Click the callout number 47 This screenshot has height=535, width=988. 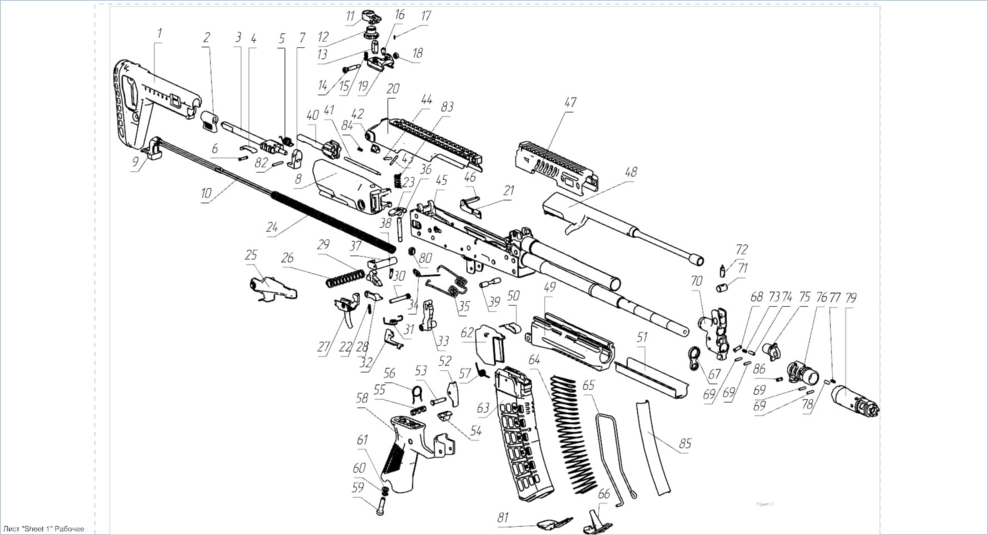[569, 103]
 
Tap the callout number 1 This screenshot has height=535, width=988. [160, 33]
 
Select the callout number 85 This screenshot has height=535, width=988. [685, 443]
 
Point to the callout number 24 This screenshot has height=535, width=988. [272, 227]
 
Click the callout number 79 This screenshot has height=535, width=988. [851, 298]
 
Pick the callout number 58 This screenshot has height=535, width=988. [362, 399]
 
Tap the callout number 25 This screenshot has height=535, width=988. [251, 255]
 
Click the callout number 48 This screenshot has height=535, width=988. [630, 172]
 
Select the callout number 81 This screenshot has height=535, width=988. [503, 517]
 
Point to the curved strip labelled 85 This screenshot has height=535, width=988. [654, 445]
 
